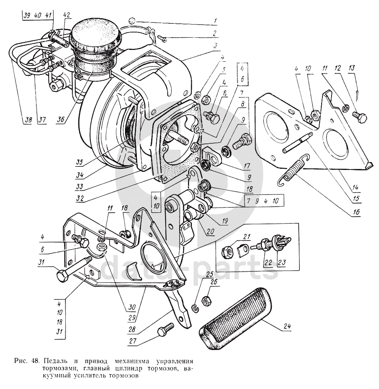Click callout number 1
pyautogui.click(x=215, y=21)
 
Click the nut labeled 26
pyautogui.click(x=207, y=300)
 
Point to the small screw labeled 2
pyautogui.click(x=163, y=38)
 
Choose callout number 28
pyautogui.click(x=132, y=329)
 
